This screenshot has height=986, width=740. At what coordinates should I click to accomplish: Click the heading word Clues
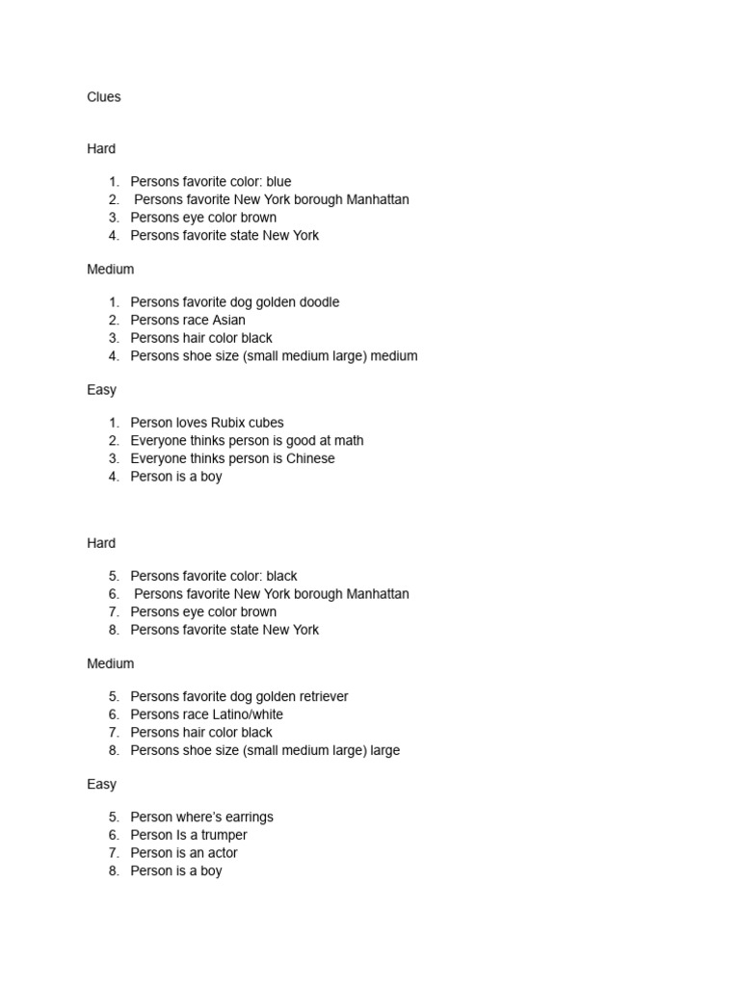[104, 97]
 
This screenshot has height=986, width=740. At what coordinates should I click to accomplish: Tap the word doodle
[317, 302]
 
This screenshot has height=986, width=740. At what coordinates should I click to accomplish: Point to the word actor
[219, 853]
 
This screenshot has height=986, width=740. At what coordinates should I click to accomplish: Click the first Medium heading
[111, 270]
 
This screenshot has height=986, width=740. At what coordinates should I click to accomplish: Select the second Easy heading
[101, 785]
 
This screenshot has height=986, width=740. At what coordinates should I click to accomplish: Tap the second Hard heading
[101, 543]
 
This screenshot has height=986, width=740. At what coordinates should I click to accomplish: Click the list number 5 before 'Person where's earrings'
[114, 817]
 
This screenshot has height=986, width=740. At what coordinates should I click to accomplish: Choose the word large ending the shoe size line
[385, 751]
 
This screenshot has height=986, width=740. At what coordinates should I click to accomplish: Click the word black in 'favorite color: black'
[280, 577]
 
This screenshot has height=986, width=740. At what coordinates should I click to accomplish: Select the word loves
[191, 423]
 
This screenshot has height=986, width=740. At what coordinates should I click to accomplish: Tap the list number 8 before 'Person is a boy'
[114, 871]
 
